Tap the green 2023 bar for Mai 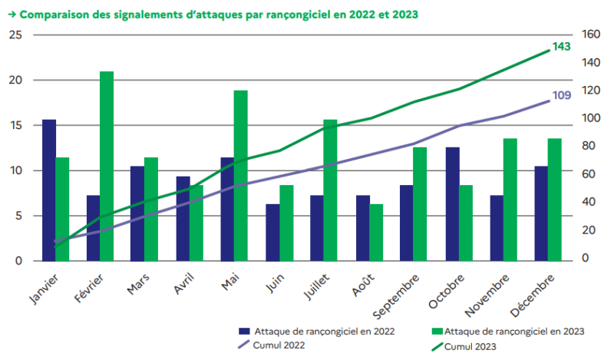click(241, 176)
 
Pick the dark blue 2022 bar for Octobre click(452, 204)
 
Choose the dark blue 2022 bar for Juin click(272, 233)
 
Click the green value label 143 click(562, 47)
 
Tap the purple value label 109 click(562, 95)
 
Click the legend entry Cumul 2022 click(279, 345)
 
